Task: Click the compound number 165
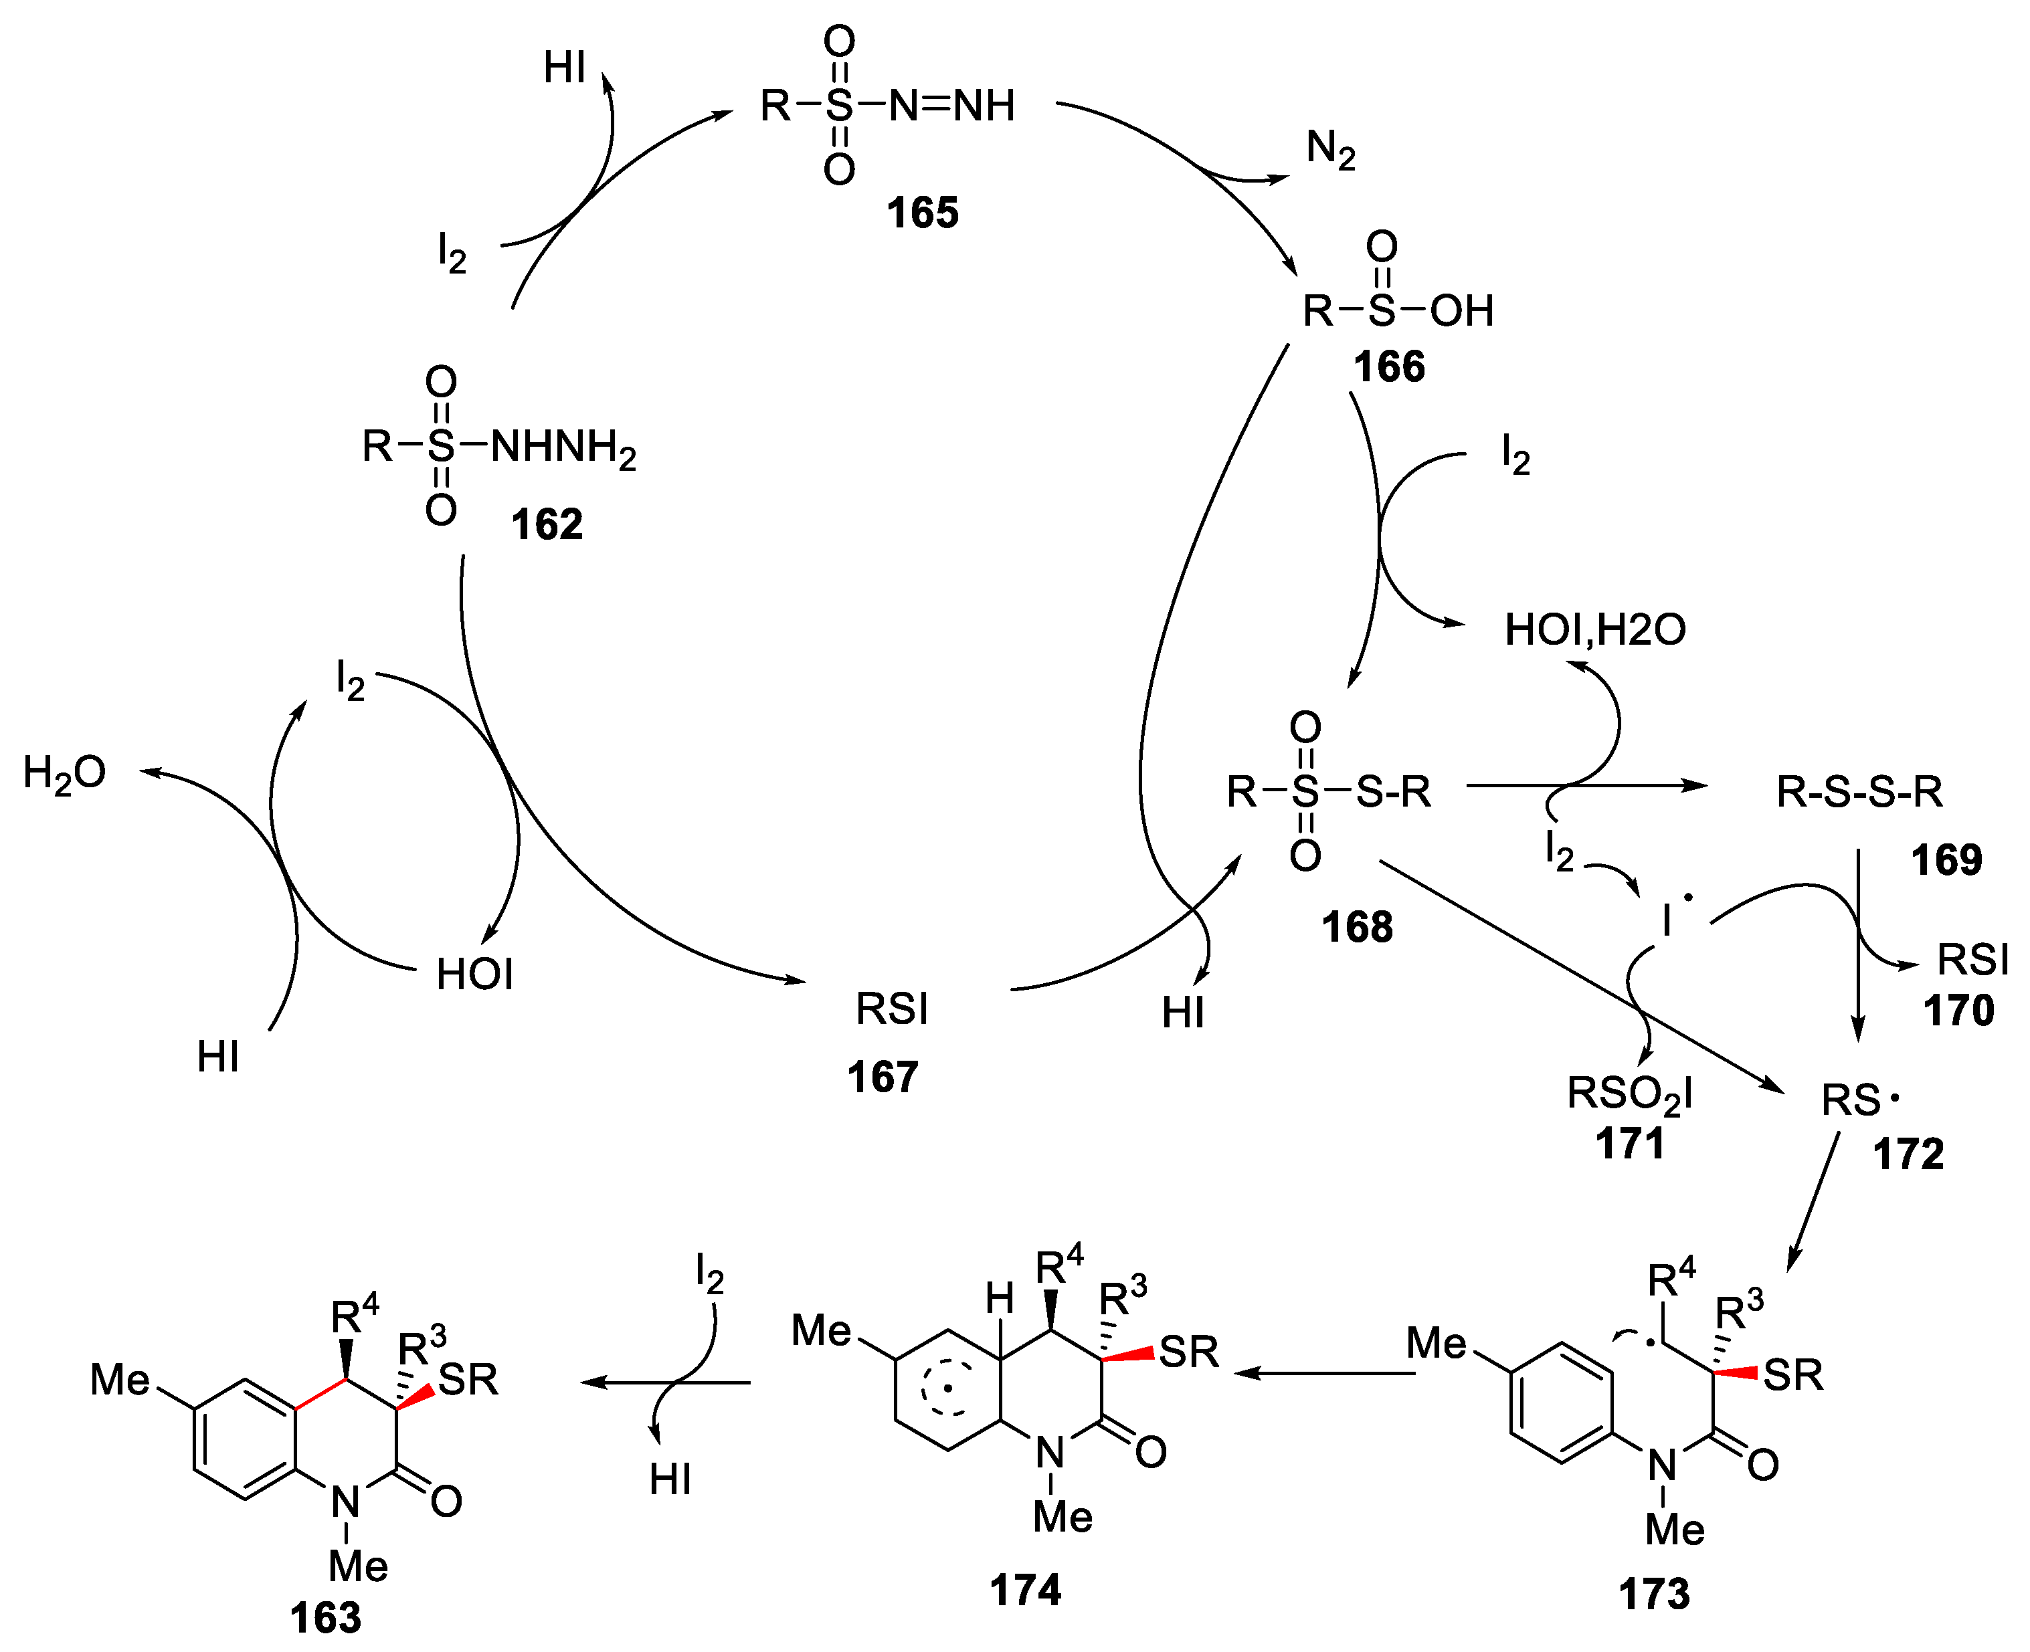(921, 212)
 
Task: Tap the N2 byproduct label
(1329, 149)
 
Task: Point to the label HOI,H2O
(1594, 629)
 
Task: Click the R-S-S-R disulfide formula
(1859, 791)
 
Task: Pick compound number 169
(1946, 859)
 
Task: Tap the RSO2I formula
(1629, 1094)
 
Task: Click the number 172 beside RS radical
(1908, 1154)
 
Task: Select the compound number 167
(883, 1076)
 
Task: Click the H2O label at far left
(64, 772)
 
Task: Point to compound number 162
(546, 524)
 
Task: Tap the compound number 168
(1356, 926)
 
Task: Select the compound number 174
(1025, 1589)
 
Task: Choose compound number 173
(1654, 1593)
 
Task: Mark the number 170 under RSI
(1958, 1010)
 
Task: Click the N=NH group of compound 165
(951, 105)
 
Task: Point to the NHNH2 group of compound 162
(563, 446)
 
